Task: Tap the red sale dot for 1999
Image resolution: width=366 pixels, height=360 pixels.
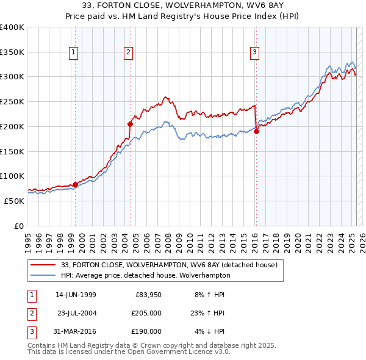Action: (76, 184)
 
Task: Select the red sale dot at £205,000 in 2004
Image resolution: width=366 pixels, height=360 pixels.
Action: (131, 124)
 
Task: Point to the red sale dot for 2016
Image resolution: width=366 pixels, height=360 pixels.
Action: (257, 131)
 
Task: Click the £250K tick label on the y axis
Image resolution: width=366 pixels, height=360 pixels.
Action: (12, 102)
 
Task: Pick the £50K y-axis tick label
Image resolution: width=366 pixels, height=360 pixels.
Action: (15, 201)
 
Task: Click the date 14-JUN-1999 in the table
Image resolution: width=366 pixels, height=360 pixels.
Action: (76, 295)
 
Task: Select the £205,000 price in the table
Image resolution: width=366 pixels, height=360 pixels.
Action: (146, 313)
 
